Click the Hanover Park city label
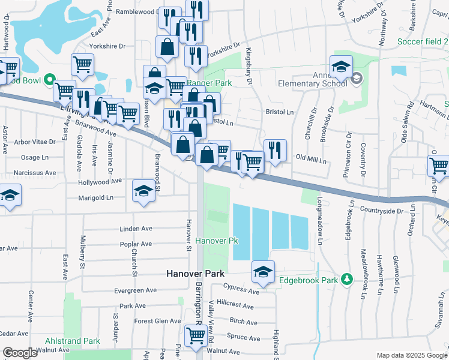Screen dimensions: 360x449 [x=195, y=274]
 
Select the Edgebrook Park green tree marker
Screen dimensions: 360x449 [x=346, y=280]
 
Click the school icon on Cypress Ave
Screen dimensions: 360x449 [x=263, y=272]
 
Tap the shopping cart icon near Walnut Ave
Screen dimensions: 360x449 [x=196, y=335]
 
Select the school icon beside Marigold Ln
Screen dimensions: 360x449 [x=143, y=190]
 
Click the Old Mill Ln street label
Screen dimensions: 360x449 [x=312, y=161]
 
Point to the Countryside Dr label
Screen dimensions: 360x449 [x=382, y=211]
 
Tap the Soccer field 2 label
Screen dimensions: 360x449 [x=423, y=42]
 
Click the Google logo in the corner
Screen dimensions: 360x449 [x=20, y=353]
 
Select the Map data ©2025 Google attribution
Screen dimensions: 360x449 [x=412, y=355]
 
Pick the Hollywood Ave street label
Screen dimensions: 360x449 [x=100, y=181]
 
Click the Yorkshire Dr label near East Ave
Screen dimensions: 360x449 [x=107, y=46]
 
